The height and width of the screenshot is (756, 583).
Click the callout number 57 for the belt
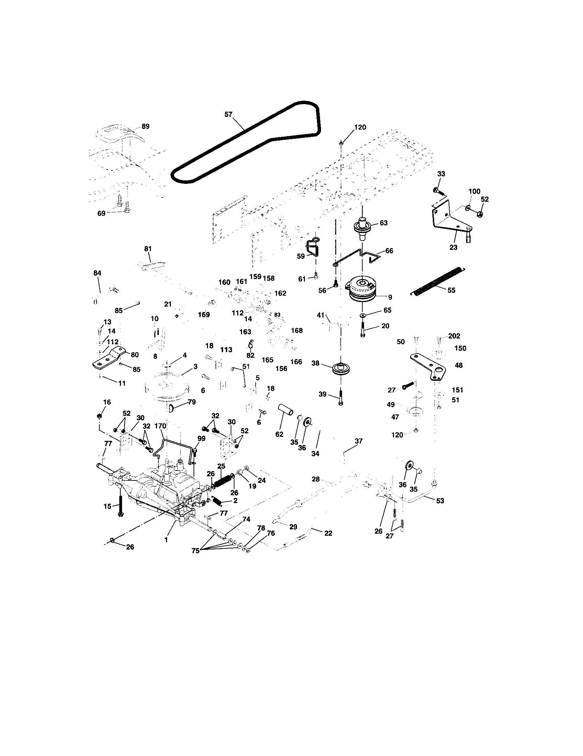coord(229,114)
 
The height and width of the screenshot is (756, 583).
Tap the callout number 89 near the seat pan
coord(145,126)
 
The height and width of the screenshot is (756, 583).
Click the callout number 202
coord(454,336)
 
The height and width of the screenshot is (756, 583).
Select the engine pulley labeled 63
coord(362,226)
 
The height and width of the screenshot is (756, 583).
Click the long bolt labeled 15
coord(120,506)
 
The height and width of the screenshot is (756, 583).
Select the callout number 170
coord(160,426)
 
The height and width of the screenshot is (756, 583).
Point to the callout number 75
coord(196,551)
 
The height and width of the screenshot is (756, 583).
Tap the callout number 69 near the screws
coord(101,213)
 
